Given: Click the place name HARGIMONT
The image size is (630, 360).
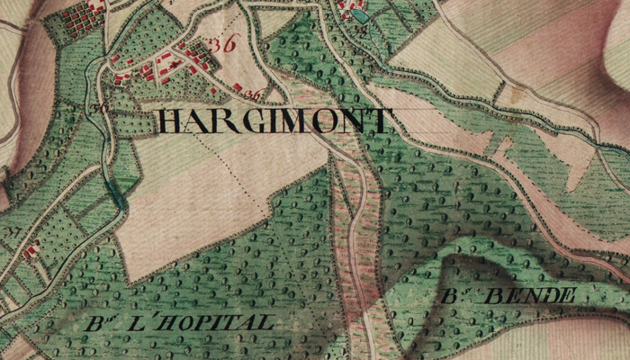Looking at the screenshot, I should click(275, 121).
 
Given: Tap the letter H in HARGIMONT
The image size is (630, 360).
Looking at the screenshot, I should click(169, 121).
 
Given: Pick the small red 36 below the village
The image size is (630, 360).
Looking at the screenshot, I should click(253, 94).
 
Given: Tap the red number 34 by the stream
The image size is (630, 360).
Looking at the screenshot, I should click(96, 107).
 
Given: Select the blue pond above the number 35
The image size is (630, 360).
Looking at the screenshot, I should click(360, 15).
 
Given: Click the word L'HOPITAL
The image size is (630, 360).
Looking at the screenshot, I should click(206, 321).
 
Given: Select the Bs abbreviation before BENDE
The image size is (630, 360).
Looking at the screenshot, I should click(455, 296).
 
